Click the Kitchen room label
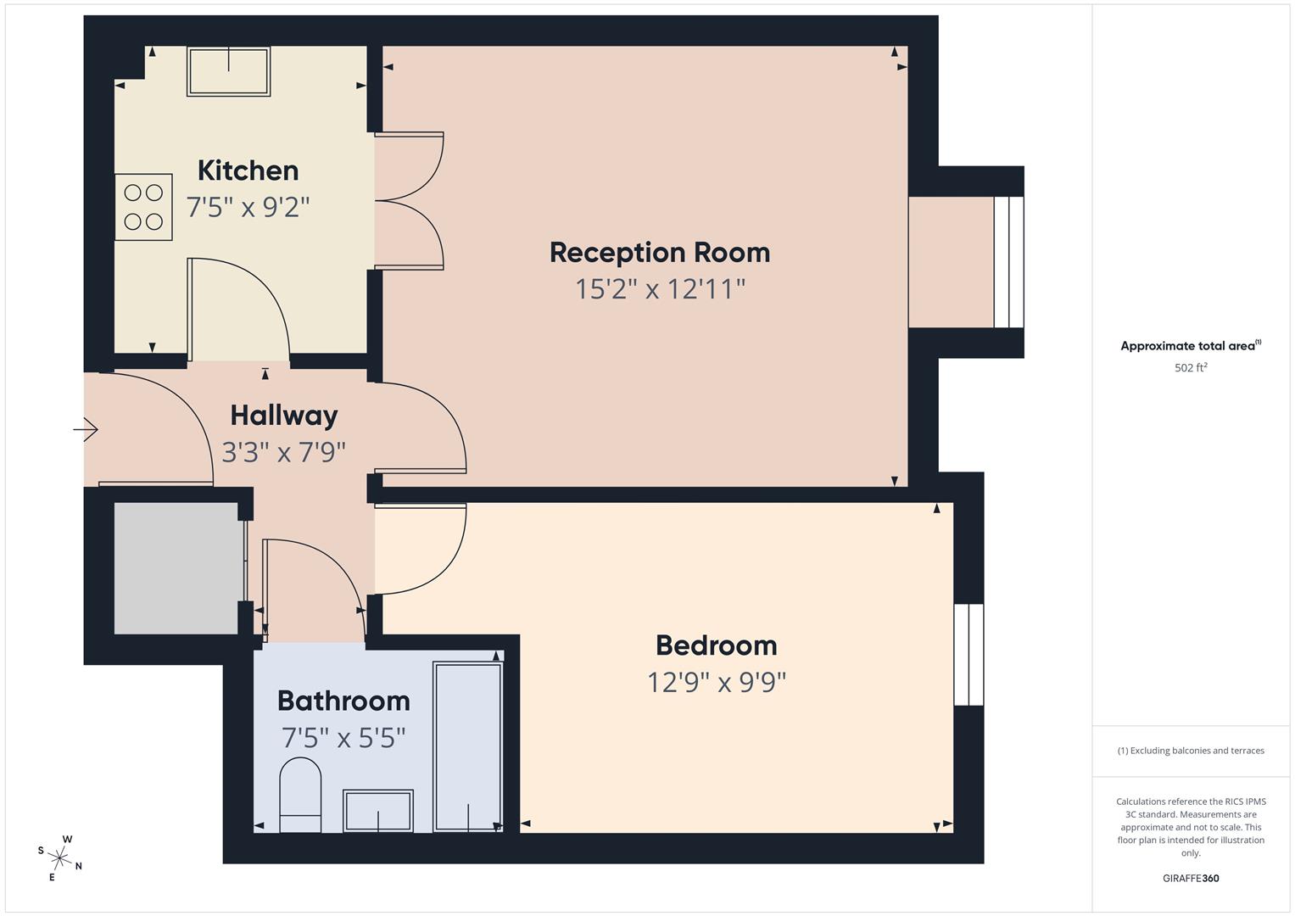[248, 170]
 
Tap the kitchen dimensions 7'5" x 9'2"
[248, 207]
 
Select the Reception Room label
[659, 253]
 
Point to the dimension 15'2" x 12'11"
[659, 289]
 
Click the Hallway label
[284, 416]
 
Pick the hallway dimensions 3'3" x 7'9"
[284, 452]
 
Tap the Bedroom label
[716, 645]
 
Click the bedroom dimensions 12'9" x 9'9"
[716, 682]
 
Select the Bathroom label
[343, 701]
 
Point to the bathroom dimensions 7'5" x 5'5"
[343, 738]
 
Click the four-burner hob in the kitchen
[143, 207]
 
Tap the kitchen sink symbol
[229, 71]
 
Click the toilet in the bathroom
[300, 795]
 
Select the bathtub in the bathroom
[467, 746]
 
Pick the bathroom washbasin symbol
[377, 811]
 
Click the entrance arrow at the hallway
[86, 430]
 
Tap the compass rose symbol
[60, 857]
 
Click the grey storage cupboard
[176, 567]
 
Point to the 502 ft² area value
[1190, 368]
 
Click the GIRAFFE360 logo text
[1190, 878]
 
